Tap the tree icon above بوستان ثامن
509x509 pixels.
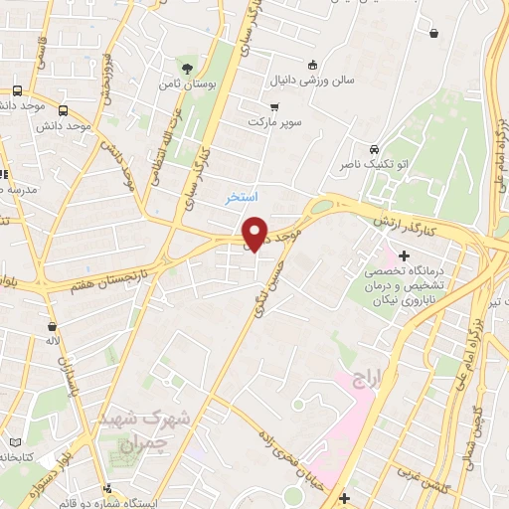(188, 69)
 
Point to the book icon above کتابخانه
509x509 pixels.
(12, 441)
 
